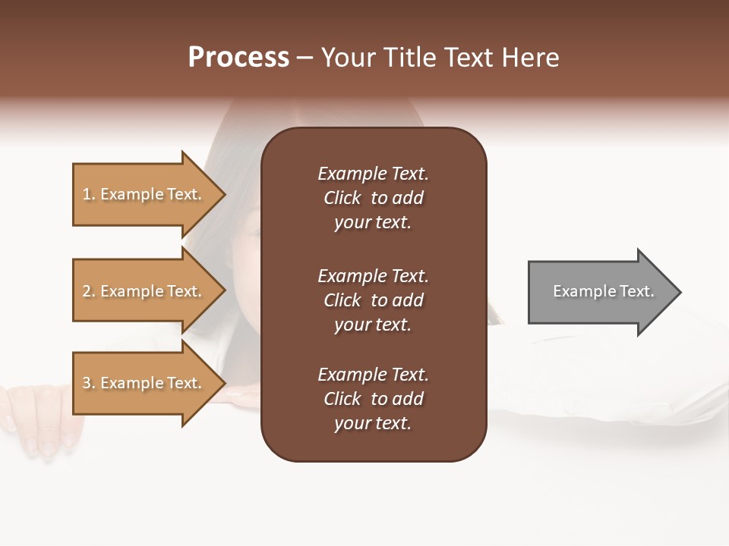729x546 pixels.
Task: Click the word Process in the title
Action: [x=238, y=58]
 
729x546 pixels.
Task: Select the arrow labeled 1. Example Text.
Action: [x=144, y=194]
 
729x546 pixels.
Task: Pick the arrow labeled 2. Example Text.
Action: [x=144, y=291]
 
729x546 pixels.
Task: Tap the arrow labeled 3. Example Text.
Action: [x=144, y=383]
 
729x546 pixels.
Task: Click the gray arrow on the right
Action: [x=600, y=292]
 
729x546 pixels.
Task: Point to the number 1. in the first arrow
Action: [x=89, y=194]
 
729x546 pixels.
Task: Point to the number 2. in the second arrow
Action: [x=89, y=291]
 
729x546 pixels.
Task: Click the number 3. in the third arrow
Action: [x=89, y=383]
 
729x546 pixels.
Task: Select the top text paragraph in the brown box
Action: [x=373, y=198]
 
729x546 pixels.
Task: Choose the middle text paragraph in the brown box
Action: [x=373, y=300]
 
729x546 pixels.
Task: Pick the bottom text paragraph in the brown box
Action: [x=373, y=399]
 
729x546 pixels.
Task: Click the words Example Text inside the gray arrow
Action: [x=604, y=291]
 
